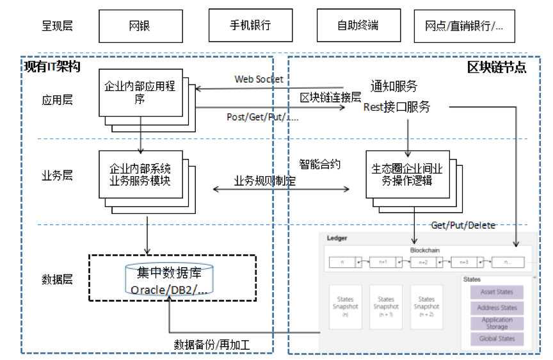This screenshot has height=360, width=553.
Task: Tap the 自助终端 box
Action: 358,26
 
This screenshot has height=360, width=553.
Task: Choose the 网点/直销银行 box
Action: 463,26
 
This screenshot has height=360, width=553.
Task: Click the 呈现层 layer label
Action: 58,26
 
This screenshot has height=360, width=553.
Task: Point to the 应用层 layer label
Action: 58,100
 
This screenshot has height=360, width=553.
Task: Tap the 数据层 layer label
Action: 58,279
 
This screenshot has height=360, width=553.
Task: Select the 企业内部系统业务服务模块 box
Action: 140,175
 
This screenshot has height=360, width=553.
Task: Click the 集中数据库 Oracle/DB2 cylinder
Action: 170,281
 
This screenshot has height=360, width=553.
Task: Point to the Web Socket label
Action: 259,79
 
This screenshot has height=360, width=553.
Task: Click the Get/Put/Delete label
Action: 463,225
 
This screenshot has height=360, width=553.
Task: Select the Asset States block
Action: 497,292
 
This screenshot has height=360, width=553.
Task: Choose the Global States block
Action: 497,339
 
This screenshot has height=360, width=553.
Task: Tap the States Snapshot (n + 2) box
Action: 426,307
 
